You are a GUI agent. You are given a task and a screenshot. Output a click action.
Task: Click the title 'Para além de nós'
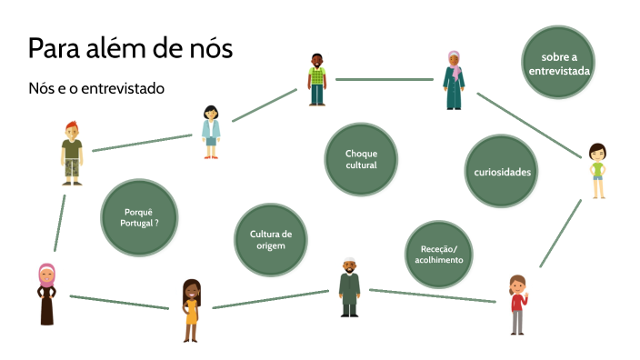click(130, 48)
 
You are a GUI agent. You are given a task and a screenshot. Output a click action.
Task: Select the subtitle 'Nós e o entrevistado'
click(96, 89)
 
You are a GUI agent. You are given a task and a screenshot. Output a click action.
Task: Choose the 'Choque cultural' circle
click(361, 159)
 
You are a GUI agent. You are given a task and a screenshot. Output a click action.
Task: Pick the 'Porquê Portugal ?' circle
click(139, 216)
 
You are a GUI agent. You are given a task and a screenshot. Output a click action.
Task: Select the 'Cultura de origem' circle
click(270, 239)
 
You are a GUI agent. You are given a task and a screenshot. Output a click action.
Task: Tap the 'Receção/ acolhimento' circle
click(440, 254)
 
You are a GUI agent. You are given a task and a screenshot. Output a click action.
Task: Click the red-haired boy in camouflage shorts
click(72, 153)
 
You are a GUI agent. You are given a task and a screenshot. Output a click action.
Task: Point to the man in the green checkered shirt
click(316, 80)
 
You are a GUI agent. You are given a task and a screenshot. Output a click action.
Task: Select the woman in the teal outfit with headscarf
click(454, 81)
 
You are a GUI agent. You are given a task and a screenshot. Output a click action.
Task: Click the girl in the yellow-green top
click(596, 171)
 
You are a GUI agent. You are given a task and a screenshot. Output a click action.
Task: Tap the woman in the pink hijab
click(46, 294)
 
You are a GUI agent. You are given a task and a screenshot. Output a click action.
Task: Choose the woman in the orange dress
click(191, 310)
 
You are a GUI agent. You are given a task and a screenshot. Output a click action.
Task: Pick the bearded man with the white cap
click(350, 285)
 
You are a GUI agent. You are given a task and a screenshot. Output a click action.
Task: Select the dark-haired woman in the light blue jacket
click(211, 133)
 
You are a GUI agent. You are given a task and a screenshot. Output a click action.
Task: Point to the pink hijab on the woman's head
click(46, 273)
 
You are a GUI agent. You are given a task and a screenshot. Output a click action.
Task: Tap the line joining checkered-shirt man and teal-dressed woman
click(385, 80)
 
